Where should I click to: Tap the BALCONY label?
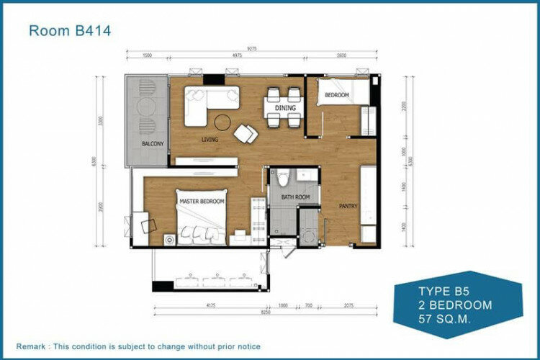[152, 144]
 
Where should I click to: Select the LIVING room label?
[210, 140]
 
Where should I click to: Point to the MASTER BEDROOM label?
[202, 201]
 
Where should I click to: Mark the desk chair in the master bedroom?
[149, 225]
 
